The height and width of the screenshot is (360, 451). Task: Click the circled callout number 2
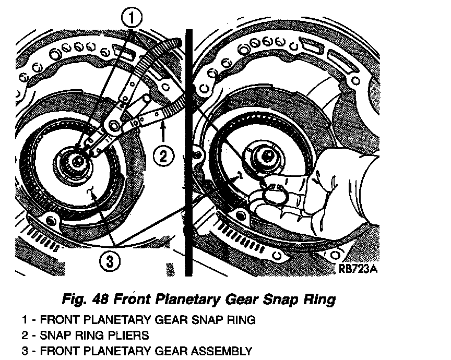[163, 155]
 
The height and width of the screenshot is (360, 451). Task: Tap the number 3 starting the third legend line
[25, 351]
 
